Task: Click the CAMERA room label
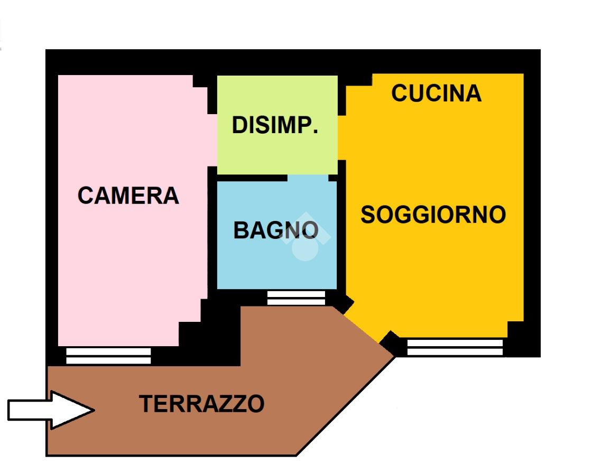pos(128,196)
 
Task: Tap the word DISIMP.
pos(275,126)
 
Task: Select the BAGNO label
pos(276,230)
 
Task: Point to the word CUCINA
pos(436,94)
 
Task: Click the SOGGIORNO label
pos(433,215)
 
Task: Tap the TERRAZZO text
pos(201,404)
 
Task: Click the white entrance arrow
pos(50,410)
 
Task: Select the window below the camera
pos(108,356)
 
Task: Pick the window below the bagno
pos(296,298)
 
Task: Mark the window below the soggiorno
pos(455,347)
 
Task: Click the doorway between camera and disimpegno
pos(212,140)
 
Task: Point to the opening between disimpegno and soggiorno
pos(341,137)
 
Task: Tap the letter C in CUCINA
pos(400,94)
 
